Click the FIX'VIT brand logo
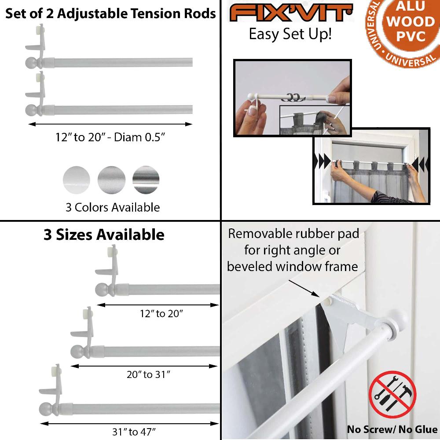291,13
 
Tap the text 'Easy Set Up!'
290,34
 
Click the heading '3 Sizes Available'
104,235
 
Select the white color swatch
77,180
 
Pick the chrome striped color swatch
146,180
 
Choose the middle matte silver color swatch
111,180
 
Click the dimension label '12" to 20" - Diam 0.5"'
110,137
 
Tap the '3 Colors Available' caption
113,207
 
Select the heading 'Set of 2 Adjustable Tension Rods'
110,13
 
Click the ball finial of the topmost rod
32,62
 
